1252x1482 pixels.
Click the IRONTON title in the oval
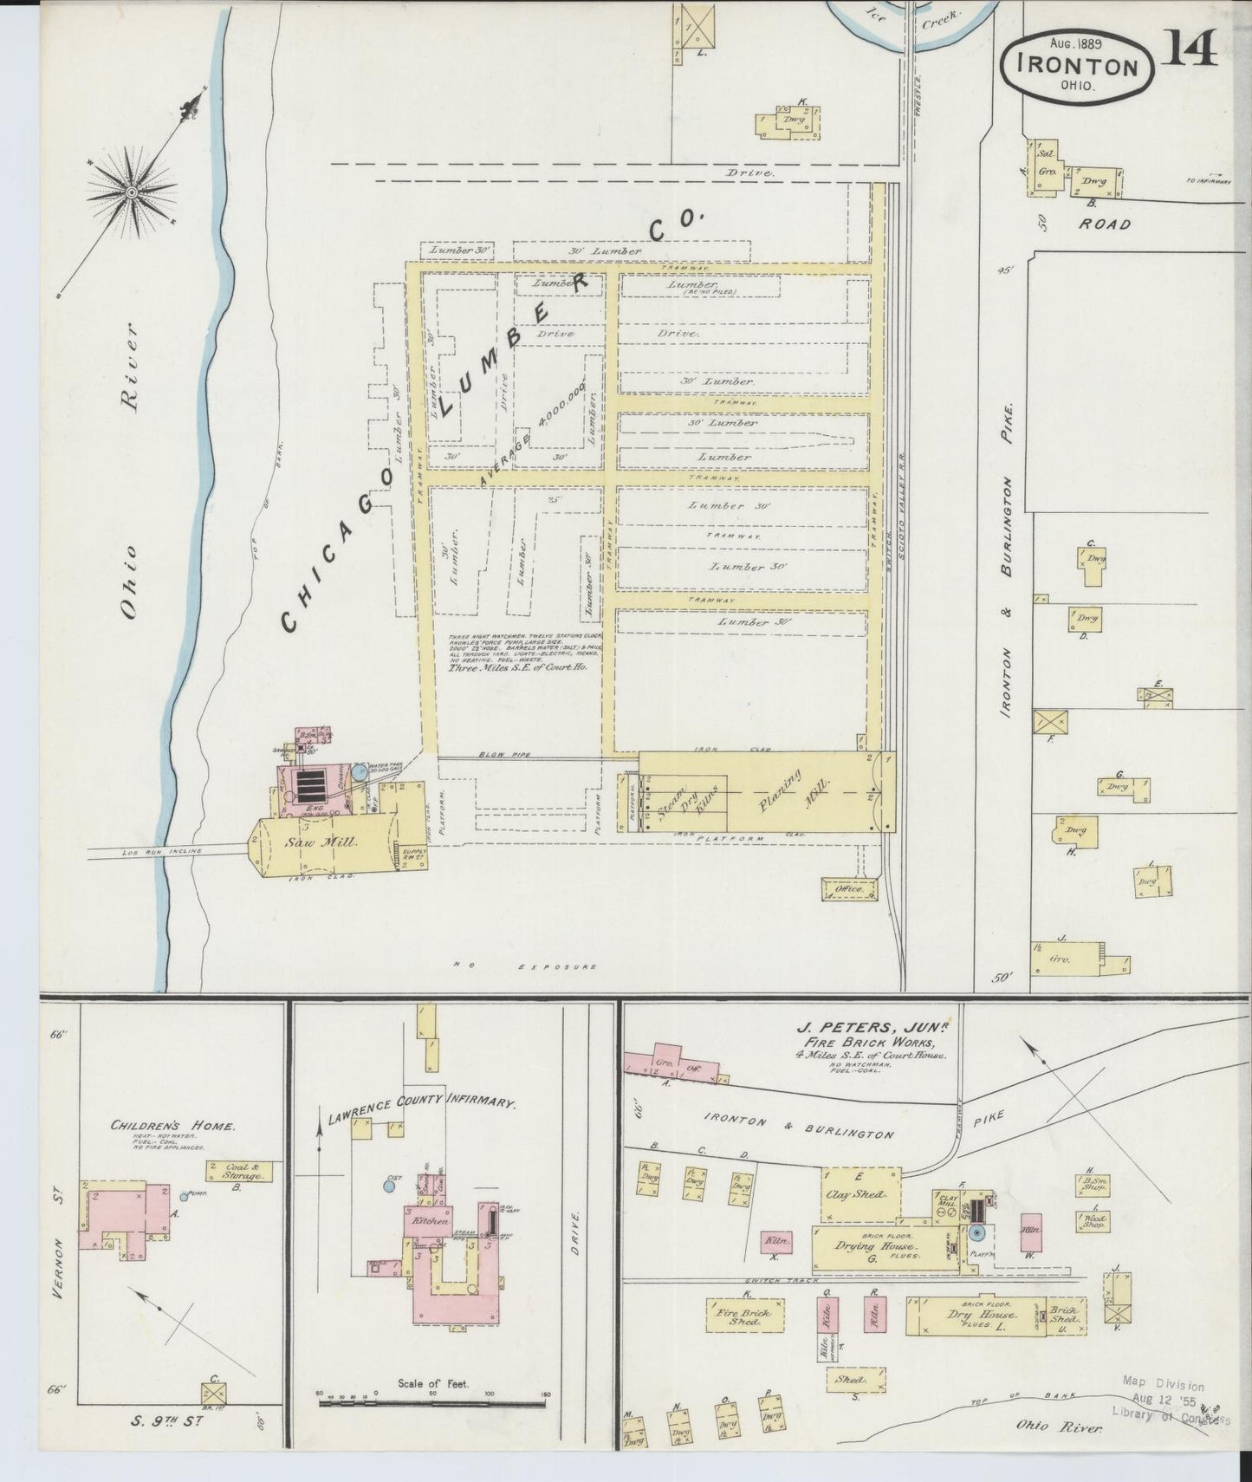(x=1080, y=66)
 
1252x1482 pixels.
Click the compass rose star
(x=131, y=191)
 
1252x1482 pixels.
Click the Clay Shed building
(x=860, y=1193)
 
